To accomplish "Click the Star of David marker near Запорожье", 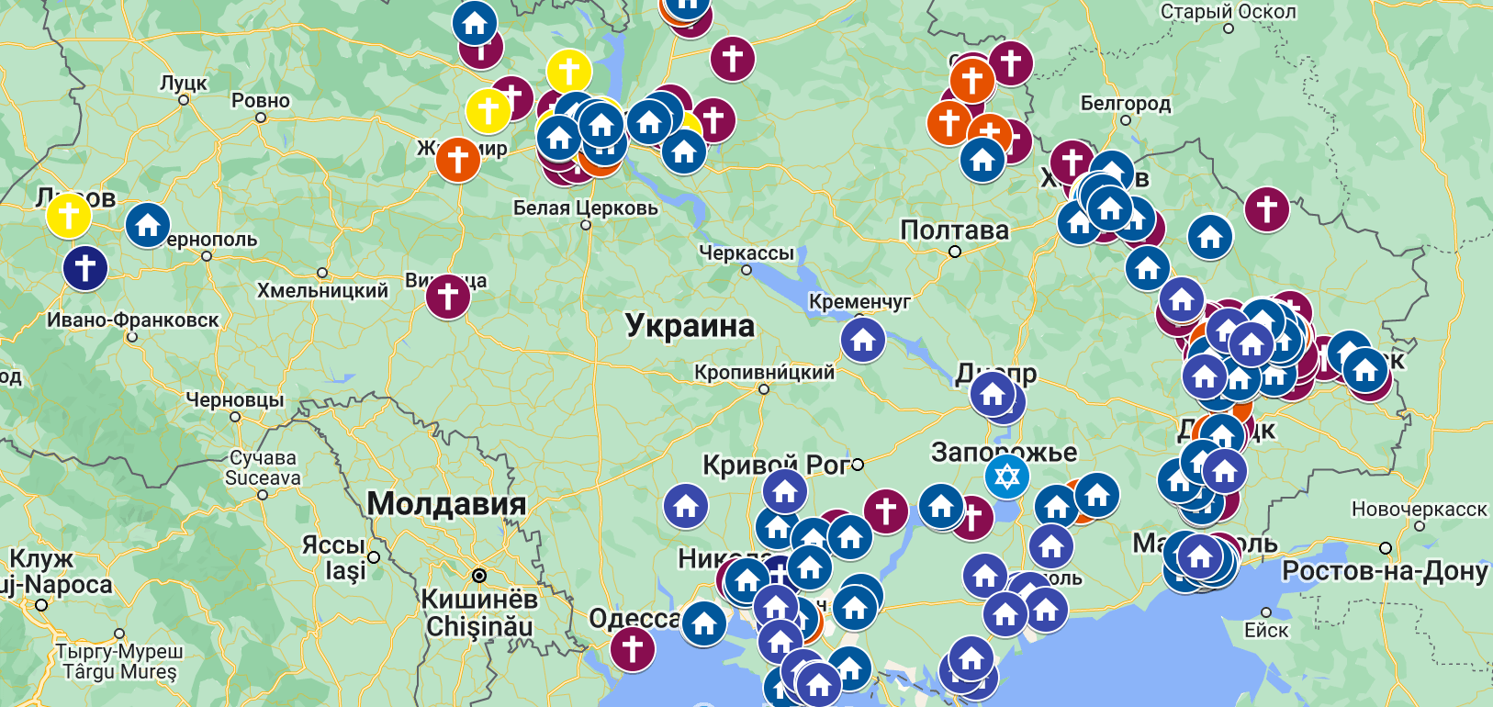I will point(1007,477).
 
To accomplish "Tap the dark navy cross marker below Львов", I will point(85,268).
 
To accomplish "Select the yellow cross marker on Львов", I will point(69,216).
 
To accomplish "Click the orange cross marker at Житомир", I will point(458,160).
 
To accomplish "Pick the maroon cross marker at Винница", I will point(448,297).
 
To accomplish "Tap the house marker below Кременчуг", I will point(863,340).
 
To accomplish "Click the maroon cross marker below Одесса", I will point(633,648).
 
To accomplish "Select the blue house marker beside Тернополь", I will point(148,224).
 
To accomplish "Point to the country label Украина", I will point(690,326).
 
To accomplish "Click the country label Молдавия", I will point(447,504).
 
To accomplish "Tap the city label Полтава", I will point(954,230).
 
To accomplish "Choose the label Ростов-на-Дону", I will point(1385,571).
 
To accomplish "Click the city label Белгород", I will point(1126,104).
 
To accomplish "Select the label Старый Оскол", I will point(1229,12).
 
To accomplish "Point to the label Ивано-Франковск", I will point(133,320).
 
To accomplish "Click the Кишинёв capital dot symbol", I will point(478,576).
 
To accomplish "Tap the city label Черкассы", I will point(746,252).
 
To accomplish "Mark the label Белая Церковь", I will point(586,208).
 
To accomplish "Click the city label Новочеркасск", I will point(1419,510).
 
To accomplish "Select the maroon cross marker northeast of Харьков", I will point(1266,209).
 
